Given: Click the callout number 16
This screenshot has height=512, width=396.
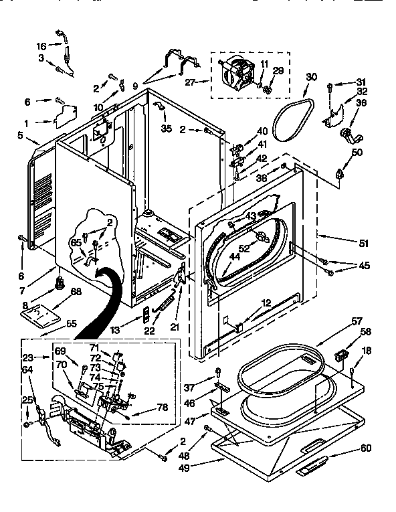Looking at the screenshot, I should [x=41, y=46].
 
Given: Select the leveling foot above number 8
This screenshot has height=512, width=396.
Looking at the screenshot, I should [x=58, y=282].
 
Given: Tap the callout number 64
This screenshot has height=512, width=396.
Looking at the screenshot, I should [x=27, y=369].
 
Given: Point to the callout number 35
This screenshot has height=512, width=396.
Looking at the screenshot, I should [x=166, y=128].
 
